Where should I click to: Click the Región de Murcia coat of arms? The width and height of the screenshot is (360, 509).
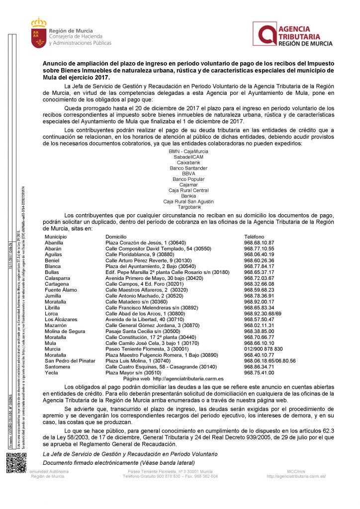[x=38, y=34]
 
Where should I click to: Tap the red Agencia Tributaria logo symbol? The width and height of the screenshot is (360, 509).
[x=264, y=34]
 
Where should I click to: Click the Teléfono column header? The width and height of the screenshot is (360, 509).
[x=254, y=237]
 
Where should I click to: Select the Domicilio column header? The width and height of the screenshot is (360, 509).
[x=116, y=237]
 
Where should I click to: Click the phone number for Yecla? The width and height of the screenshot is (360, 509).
[x=259, y=373]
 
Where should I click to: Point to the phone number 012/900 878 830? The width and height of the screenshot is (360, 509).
[x=263, y=348]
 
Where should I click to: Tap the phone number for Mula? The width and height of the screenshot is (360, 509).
[x=259, y=342]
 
